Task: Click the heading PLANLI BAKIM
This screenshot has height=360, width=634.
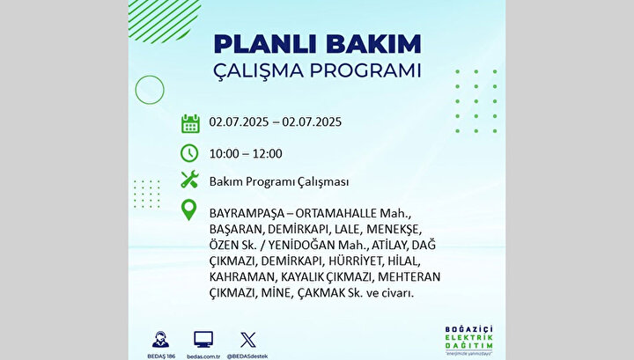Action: pos(317,44)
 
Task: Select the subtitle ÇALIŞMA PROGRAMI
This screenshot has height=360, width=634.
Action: pos(317,70)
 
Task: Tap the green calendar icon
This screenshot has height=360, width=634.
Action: pos(190,123)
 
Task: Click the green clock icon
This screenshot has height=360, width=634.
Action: pos(189,153)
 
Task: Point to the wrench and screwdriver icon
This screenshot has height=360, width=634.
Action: pos(189,180)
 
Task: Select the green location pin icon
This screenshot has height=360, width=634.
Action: pos(188,210)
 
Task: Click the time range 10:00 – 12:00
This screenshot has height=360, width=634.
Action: pos(246,154)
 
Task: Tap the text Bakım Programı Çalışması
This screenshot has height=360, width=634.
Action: pos(279,182)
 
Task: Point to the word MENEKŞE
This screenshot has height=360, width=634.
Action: pos(393,230)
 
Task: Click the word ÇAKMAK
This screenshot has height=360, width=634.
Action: pos(321,293)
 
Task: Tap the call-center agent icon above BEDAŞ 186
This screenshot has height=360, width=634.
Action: pos(160,340)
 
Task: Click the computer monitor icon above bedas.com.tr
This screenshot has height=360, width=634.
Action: pos(203,340)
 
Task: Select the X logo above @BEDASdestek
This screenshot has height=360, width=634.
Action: pos(247,340)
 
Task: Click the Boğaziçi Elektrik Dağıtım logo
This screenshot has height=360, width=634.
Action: pos(469,341)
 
